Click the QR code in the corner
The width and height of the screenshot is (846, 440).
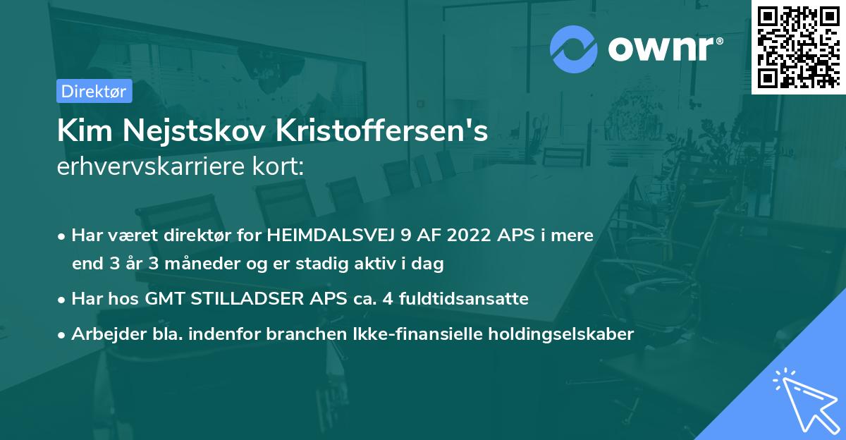point(799,47)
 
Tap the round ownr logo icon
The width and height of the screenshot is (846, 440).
point(573,49)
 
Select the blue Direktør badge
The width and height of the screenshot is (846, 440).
point(94,91)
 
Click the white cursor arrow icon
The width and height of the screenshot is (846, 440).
point(803,398)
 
